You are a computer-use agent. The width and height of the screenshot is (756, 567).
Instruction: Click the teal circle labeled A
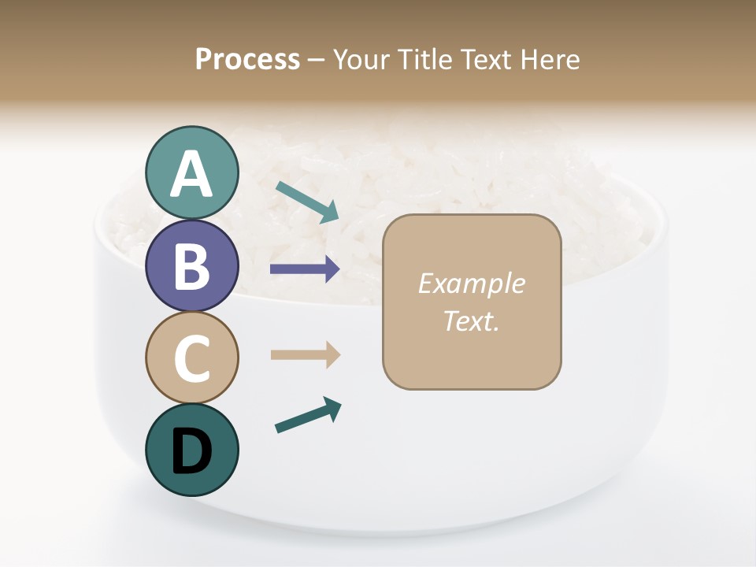192,172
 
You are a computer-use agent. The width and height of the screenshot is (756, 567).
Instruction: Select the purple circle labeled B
192,265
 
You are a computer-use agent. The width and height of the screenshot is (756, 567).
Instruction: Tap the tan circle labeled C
192,358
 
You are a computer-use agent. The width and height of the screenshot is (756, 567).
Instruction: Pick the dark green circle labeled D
192,450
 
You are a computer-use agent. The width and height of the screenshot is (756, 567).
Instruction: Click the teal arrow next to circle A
307,201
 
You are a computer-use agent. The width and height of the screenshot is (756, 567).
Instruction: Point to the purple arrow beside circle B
305,269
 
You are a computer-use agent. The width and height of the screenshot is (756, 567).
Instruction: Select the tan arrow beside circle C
305,355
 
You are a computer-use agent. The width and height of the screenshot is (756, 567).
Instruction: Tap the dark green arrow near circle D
308,415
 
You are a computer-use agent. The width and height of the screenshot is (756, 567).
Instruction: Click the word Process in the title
247,60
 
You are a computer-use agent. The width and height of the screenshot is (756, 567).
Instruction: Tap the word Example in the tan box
471,283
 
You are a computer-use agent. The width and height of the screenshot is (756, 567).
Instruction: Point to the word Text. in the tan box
471,321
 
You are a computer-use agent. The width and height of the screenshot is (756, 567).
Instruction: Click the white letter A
192,174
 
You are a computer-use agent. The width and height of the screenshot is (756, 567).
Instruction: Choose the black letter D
192,451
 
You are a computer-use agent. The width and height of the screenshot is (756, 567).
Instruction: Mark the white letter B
192,266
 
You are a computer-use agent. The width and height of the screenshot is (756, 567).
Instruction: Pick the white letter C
192,358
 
